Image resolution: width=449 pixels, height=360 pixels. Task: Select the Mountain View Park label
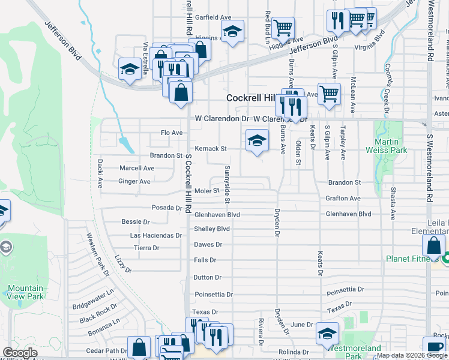click(26, 292)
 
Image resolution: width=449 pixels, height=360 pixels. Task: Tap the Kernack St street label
click(210, 149)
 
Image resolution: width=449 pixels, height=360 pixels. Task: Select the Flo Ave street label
click(171, 133)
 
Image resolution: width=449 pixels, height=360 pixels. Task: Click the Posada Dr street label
click(166, 208)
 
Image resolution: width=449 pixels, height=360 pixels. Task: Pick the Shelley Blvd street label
click(212, 229)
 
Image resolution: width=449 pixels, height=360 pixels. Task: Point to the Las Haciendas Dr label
click(155, 236)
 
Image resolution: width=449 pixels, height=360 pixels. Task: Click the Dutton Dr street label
click(208, 278)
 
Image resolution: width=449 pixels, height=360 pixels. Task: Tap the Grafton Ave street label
click(343, 199)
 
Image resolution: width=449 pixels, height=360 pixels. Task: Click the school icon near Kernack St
click(257, 142)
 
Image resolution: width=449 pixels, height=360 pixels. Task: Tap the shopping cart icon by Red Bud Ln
click(283, 27)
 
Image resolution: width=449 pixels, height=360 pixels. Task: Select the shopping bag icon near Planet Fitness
click(433, 245)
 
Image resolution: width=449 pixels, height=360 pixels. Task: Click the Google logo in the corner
click(20, 353)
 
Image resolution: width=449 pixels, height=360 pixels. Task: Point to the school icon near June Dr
click(327, 334)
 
